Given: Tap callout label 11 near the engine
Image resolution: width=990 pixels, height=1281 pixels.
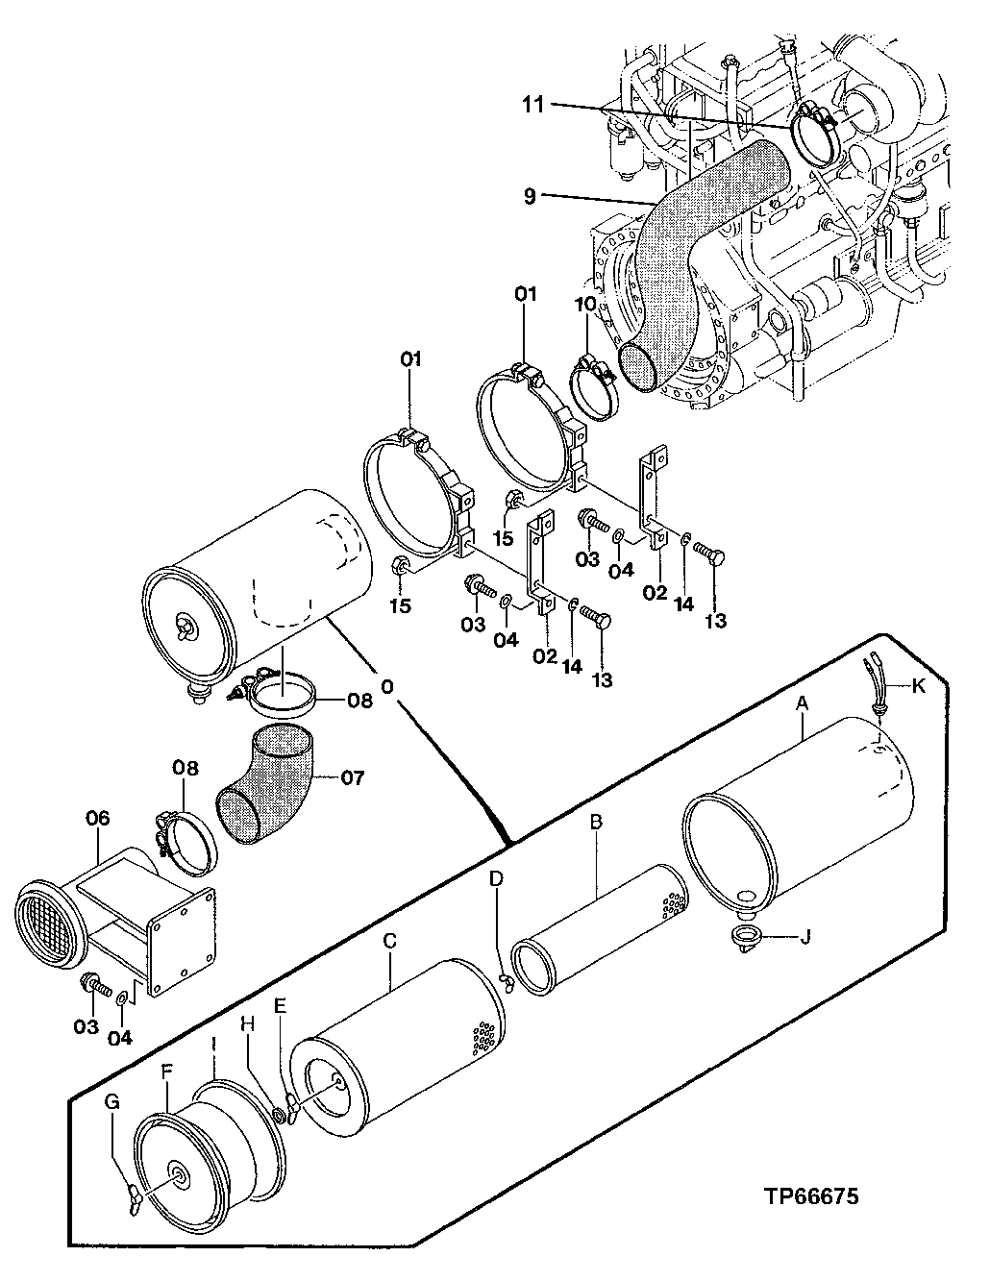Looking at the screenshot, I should pos(533,104).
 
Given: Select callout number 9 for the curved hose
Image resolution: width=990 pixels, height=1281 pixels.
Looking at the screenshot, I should pos(530,196).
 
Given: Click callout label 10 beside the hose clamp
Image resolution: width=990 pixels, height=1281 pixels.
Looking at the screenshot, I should pos(586,305).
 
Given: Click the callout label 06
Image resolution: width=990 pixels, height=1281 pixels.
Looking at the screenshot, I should pos(98,818).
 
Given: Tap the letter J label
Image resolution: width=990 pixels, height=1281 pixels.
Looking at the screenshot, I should pos(805,934).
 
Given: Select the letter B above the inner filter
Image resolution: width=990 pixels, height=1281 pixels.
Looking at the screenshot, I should pos(596,823).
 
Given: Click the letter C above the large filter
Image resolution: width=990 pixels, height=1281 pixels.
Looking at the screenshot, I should pos(389,941).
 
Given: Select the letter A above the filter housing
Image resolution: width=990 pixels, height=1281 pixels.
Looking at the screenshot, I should pos(803,703).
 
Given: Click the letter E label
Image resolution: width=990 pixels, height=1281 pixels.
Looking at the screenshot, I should pos(280,1005).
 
